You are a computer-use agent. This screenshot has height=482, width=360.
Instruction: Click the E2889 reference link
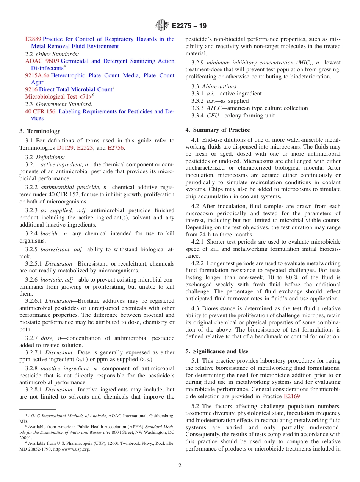(33, 39)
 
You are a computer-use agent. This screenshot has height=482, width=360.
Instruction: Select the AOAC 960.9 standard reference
(42, 61)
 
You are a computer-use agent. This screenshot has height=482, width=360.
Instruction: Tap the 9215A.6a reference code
(37, 75)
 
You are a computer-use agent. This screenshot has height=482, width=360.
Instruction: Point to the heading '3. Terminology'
(40, 131)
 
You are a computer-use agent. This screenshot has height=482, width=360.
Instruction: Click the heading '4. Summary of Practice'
(218, 130)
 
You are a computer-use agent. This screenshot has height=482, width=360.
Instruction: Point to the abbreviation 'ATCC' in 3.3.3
(214, 108)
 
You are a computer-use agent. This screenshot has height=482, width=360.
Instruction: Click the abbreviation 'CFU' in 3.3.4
(213, 116)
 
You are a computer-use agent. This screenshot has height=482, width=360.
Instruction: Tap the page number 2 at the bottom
(180, 466)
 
